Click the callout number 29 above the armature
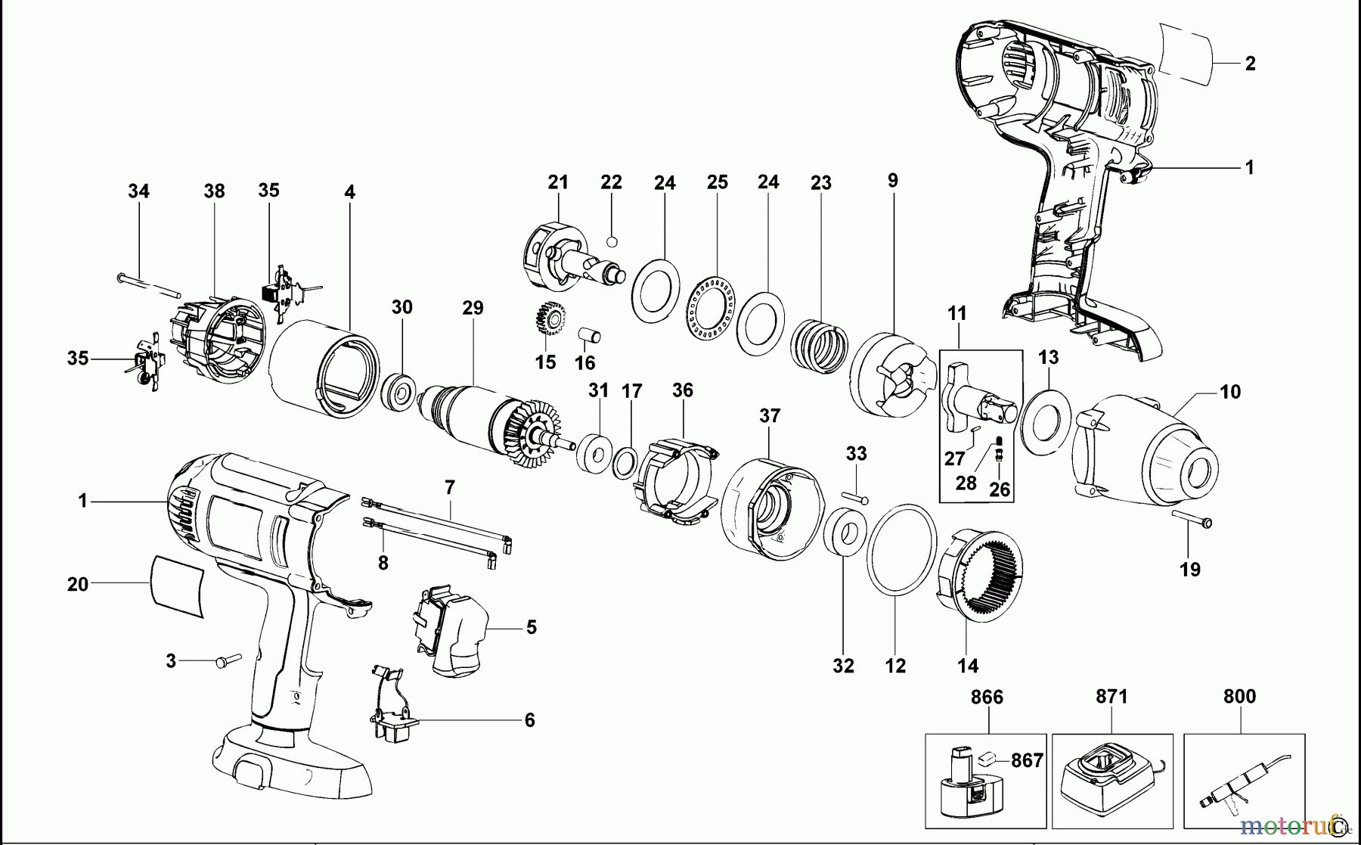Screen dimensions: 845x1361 pos(473,308)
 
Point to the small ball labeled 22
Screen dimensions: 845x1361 pos(612,241)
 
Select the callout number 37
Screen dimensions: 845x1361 pos(770,415)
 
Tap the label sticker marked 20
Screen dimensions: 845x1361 pos(178,588)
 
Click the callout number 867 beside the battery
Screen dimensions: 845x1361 pos(1027,760)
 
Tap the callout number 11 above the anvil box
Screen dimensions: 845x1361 pos(957,312)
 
